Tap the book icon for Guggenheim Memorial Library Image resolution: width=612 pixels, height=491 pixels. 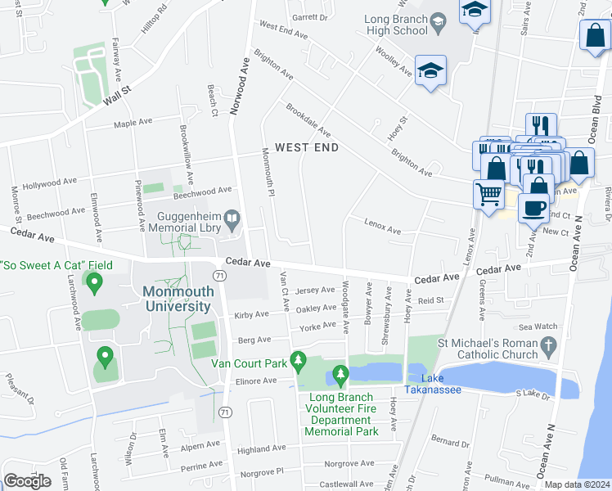point(232,218)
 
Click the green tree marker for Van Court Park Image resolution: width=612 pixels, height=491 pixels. point(299,360)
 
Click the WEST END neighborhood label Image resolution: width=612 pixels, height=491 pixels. point(306,148)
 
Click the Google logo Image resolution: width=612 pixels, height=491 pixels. point(27,481)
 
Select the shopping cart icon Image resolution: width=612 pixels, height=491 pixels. point(488,195)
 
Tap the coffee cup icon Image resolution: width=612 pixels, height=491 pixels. point(533,207)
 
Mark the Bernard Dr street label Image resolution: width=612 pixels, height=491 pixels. point(448,441)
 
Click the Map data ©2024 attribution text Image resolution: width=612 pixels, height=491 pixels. point(577,484)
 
